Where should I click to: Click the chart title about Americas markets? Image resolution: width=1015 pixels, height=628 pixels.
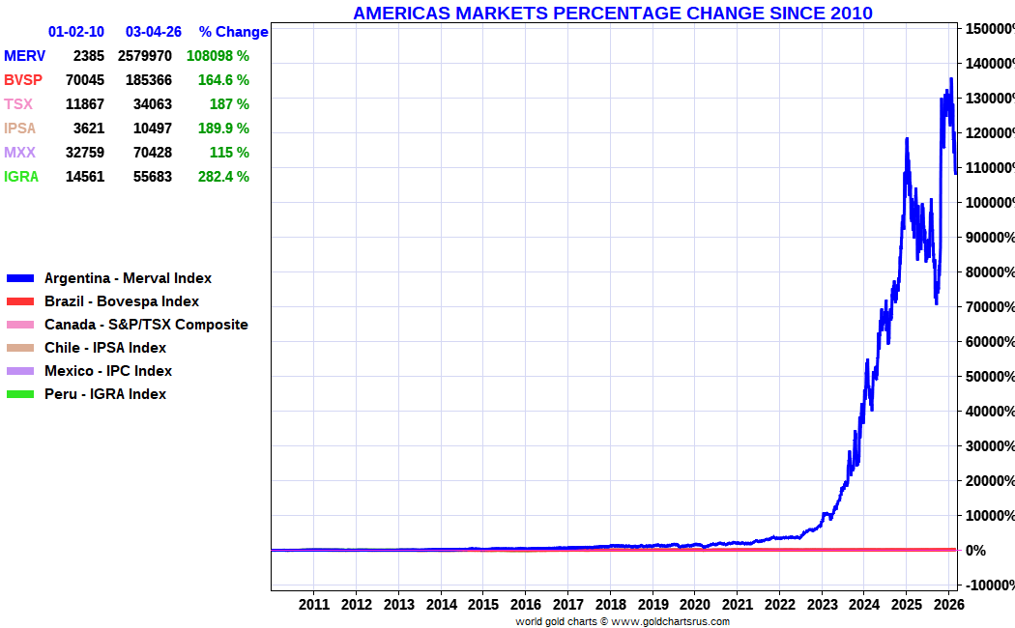tap(612, 13)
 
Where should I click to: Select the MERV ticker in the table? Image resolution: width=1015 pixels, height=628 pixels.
tap(24, 56)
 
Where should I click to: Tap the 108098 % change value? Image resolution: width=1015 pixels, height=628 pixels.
tap(217, 56)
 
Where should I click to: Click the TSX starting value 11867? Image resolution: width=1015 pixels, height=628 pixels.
tap(85, 104)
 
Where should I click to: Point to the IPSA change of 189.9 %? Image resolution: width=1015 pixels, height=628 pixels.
tap(223, 128)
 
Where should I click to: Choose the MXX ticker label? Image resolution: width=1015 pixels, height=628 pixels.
tap(19, 153)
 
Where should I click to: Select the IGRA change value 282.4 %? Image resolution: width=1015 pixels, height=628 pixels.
tap(223, 177)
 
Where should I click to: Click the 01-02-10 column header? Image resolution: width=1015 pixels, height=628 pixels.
tap(76, 32)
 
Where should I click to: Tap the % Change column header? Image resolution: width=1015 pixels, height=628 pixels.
tap(233, 32)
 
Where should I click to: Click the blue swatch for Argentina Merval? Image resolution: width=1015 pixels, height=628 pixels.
tap(19, 278)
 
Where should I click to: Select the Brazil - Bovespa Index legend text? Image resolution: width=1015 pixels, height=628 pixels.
tap(122, 301)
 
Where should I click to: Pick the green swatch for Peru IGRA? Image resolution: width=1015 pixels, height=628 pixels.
tap(19, 394)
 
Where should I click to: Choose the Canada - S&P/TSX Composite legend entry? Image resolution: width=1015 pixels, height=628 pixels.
tap(146, 325)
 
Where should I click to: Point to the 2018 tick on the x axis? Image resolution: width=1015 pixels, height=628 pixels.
tap(610, 605)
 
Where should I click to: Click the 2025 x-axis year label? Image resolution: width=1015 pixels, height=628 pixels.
tap(907, 605)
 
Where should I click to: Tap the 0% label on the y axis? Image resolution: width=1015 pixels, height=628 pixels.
tap(975, 550)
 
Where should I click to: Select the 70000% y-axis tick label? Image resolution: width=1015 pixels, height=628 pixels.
tap(987, 306)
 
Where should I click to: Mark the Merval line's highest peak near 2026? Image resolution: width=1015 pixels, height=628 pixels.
tap(951, 78)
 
